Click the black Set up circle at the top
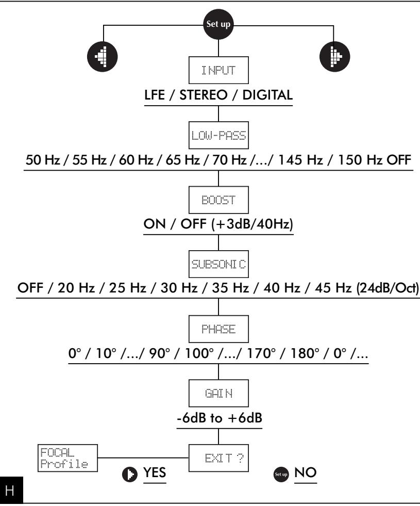point(219,24)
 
